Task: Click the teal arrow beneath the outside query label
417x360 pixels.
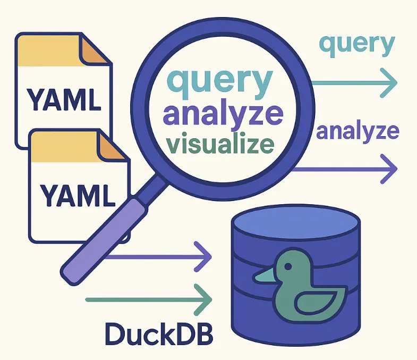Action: click(353, 82)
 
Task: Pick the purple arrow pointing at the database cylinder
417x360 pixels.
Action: click(159, 258)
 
